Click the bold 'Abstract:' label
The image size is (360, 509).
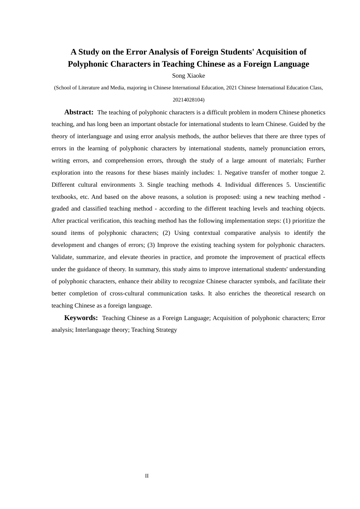coord(79,112)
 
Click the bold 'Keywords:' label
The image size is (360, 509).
coord(81,318)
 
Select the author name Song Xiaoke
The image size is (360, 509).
coord(188,76)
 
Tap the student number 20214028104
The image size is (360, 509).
coord(188,100)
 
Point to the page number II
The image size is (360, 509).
coord(147,476)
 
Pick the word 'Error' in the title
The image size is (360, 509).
coord(136,52)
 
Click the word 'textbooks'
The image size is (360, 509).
coord(64,197)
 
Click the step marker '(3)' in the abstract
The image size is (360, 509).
coord(151,245)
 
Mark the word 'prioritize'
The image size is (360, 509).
coord(300,221)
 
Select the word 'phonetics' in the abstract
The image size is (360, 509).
coord(312,112)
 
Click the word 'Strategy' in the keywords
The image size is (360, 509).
coord(166,330)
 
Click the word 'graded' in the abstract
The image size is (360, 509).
coord(60,209)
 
